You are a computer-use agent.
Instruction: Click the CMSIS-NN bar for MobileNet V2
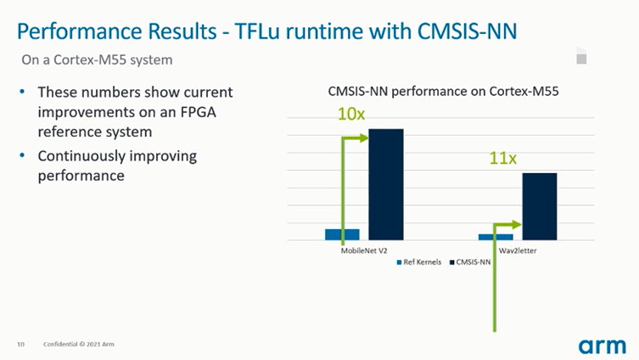[x=385, y=184]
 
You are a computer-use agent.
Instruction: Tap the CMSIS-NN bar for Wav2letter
[x=539, y=206]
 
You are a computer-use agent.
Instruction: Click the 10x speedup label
[x=351, y=114]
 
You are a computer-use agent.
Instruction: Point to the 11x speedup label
[x=502, y=158]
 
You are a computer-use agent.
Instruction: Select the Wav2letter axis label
[x=516, y=251]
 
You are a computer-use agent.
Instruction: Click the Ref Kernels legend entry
[x=419, y=263]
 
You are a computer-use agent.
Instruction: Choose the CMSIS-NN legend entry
[x=470, y=263]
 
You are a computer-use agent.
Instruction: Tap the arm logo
[x=602, y=345]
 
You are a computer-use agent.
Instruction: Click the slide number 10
[x=20, y=344]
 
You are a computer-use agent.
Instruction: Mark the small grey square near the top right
[x=581, y=59]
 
